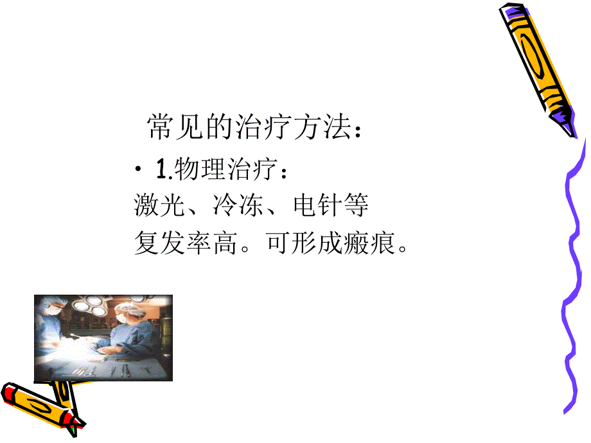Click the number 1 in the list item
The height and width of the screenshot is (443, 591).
pyautogui.click(x=161, y=170)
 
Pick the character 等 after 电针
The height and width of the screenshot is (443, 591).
pyautogui.click(x=357, y=206)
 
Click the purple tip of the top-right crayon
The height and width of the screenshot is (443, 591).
pyautogui.click(x=565, y=122)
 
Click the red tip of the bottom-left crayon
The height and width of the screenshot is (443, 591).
pyautogui.click(x=10, y=391)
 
